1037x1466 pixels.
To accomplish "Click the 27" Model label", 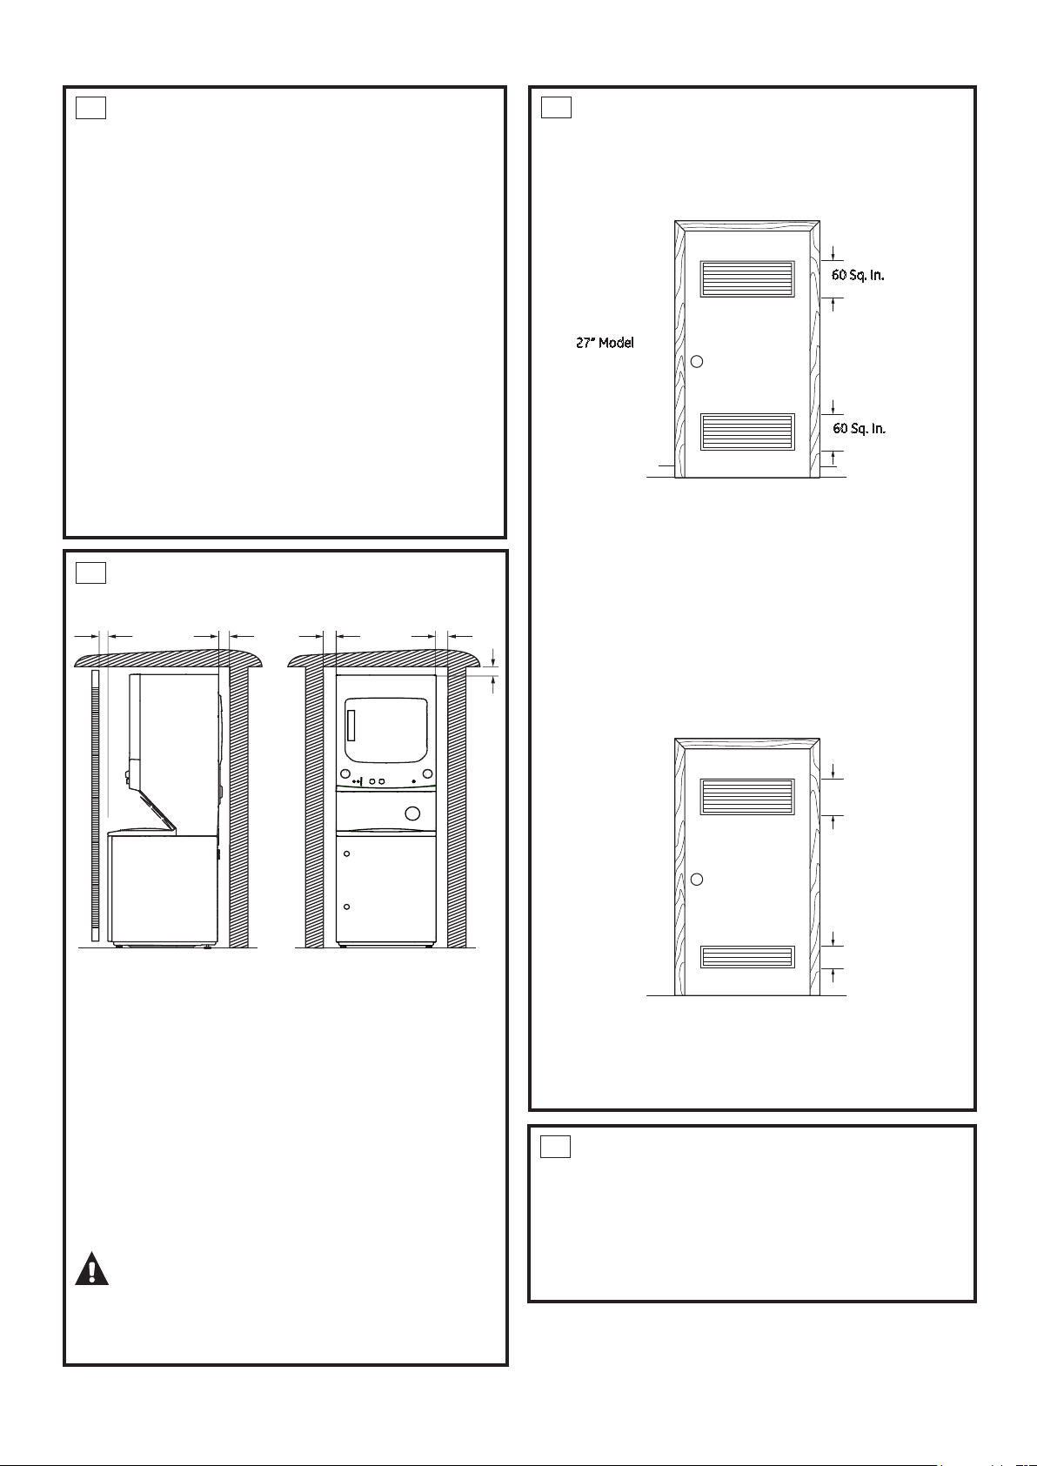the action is click(x=605, y=342).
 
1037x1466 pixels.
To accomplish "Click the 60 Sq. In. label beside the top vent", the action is click(x=858, y=275).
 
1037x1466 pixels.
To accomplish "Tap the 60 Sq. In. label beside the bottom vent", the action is click(x=859, y=428).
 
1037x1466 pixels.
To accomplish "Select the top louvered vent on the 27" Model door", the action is click(x=747, y=278).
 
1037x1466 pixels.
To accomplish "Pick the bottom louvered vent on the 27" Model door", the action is click(x=747, y=432).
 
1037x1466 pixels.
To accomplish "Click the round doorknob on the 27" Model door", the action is click(x=697, y=361).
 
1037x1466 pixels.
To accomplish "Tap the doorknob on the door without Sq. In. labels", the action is click(x=697, y=879).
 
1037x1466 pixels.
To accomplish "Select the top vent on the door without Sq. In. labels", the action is click(x=747, y=796).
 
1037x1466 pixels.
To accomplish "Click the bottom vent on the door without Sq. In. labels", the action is click(x=747, y=957).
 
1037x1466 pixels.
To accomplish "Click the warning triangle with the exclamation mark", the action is click(x=91, y=1269).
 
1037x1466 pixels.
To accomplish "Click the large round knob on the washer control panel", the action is click(x=412, y=813).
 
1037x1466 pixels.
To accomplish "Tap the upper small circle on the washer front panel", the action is click(x=347, y=853).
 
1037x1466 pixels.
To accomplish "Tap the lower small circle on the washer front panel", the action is click(x=347, y=907).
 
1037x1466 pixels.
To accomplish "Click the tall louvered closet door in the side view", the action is click(x=96, y=805).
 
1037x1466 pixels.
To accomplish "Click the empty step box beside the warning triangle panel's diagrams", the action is click(x=90, y=572).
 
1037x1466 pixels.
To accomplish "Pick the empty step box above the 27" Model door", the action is click(x=556, y=107).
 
